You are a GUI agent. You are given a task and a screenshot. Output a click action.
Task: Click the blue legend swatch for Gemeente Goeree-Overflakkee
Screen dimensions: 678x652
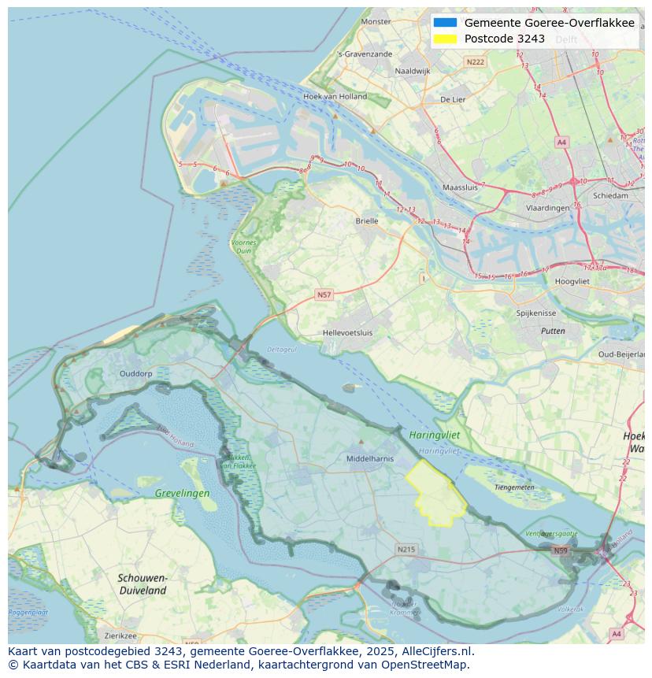(445, 23)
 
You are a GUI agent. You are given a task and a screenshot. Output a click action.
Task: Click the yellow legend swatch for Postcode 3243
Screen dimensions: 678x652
(445, 39)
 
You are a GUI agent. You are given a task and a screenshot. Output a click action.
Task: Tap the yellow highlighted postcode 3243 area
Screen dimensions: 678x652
(435, 495)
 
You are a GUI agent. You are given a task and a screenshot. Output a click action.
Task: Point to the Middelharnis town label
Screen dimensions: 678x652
(370, 458)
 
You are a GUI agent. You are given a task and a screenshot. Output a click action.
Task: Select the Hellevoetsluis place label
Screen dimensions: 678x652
(347, 333)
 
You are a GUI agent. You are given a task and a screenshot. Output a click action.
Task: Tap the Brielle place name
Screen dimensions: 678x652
(367, 221)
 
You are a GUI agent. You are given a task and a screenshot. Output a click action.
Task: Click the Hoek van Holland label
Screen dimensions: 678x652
(335, 97)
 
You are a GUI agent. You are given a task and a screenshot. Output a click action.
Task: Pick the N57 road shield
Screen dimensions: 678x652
(324, 295)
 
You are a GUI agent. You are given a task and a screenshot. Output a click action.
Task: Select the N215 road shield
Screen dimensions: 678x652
(406, 549)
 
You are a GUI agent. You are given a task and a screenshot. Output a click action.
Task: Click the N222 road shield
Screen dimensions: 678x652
(475, 61)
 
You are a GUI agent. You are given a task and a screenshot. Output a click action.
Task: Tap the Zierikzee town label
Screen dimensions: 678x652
(120, 635)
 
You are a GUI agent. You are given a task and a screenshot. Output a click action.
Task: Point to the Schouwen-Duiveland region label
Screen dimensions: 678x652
(142, 584)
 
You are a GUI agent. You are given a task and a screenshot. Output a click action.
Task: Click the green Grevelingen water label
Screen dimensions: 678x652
(182, 494)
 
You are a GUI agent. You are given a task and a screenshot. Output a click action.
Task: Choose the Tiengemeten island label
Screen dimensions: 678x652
(514, 487)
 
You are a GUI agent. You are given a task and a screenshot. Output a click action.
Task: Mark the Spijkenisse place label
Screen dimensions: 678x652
(535, 313)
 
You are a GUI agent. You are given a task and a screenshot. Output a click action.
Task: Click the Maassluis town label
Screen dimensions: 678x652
(461, 188)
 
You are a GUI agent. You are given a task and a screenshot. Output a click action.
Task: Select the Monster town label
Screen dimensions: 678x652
(376, 22)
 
